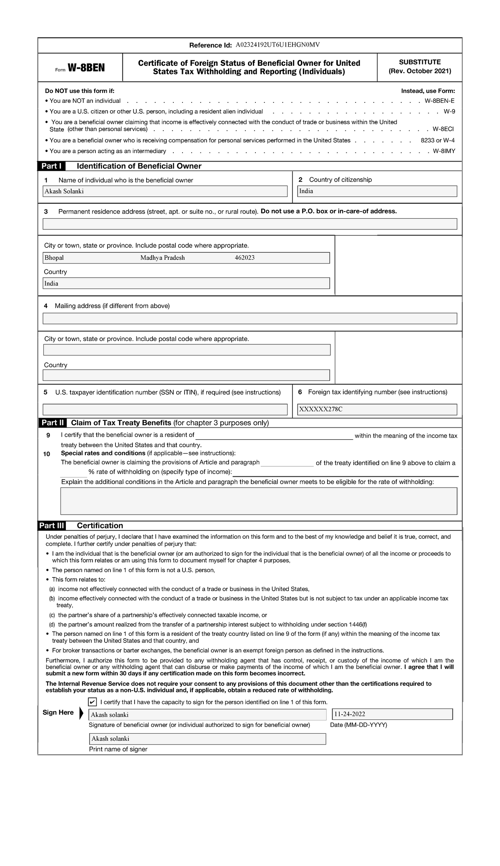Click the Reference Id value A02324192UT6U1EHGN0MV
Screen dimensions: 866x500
277,45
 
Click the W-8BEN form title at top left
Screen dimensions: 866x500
86,68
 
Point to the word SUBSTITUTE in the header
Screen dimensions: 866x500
420,62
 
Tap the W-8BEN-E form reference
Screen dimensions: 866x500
440,101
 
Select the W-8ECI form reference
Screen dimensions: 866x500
443,129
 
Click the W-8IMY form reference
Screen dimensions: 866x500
444,151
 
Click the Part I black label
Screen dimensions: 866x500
52,166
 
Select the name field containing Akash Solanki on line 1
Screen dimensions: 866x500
165,191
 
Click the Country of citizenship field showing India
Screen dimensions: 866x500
377,191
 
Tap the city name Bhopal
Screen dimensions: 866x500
54,258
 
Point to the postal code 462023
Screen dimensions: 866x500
245,258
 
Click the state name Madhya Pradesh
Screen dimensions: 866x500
162,258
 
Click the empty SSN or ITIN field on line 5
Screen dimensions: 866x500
165,409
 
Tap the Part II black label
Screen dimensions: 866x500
52,423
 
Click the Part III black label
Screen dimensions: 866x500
52,525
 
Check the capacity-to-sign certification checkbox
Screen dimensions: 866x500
92,702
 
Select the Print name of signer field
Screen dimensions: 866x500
207,739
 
